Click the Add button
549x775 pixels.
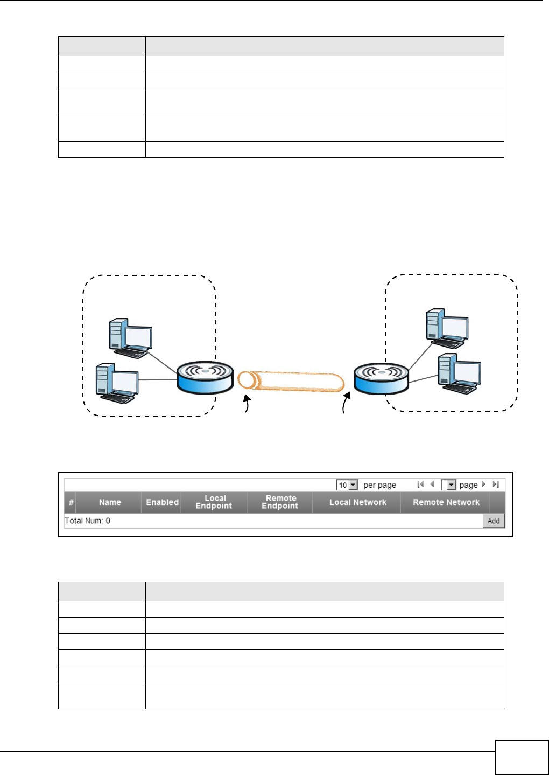(494, 521)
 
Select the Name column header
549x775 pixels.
(110, 502)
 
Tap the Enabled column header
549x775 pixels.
(162, 502)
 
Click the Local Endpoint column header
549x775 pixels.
(214, 502)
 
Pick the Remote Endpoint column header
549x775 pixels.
(280, 502)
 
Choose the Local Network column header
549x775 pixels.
(358, 502)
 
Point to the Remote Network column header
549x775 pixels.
(446, 502)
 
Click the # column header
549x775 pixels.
(71, 502)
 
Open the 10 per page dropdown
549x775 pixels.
(347, 485)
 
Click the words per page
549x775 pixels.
(379, 485)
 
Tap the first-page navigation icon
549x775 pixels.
(420, 485)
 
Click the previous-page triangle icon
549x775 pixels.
(432, 485)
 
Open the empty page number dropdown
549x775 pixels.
(449, 485)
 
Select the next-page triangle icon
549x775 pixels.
(483, 485)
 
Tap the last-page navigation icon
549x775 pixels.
(496, 485)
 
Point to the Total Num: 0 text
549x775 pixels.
(87, 521)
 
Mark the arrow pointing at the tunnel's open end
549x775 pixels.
(247, 404)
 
